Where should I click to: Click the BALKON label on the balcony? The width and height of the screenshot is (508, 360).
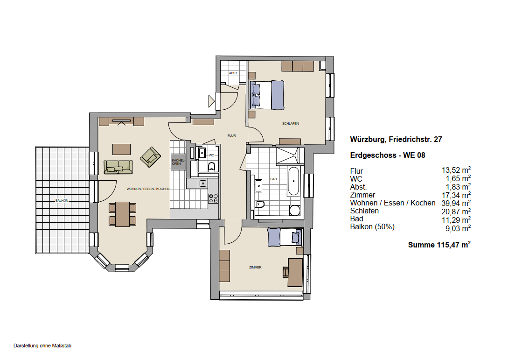(x=62, y=200)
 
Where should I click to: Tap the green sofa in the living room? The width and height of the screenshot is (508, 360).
(x=118, y=167)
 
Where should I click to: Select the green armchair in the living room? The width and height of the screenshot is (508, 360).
(x=150, y=157)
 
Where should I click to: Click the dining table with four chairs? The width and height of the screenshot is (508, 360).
(x=123, y=214)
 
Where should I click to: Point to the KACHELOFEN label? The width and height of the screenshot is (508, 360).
(x=178, y=162)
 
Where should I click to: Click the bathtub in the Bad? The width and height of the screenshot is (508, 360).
(x=293, y=181)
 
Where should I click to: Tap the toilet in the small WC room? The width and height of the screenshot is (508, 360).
(x=212, y=167)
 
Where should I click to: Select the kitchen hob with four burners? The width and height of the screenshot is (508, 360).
(x=213, y=198)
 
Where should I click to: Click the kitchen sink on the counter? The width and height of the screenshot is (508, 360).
(x=203, y=184)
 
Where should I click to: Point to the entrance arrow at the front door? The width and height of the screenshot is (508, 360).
(x=212, y=101)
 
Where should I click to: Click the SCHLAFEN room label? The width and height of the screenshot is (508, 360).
(x=290, y=124)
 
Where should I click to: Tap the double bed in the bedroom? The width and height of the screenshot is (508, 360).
(x=267, y=95)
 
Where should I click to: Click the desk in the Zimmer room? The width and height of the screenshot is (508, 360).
(x=295, y=272)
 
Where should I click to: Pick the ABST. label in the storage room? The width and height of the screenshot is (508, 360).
(x=233, y=73)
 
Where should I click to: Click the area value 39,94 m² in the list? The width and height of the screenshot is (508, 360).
(x=456, y=203)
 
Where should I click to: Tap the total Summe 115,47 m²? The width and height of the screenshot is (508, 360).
(x=439, y=245)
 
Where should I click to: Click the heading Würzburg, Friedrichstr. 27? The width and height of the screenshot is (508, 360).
(x=396, y=140)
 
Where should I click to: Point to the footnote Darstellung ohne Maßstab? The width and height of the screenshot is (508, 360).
(x=42, y=346)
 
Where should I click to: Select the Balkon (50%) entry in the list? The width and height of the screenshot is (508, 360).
(x=372, y=227)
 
